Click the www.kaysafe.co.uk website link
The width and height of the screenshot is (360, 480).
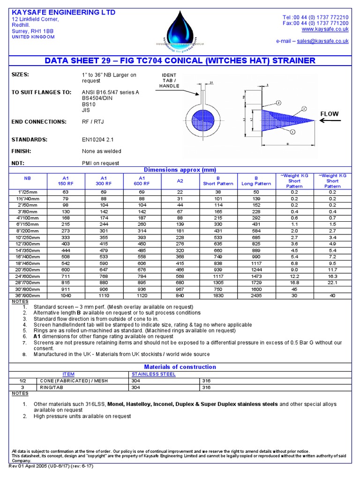tap(329, 29)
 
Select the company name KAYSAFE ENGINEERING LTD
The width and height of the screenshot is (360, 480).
tap(63, 12)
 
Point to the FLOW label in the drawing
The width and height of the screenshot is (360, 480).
tap(329, 114)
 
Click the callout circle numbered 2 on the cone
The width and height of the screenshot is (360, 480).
tap(304, 108)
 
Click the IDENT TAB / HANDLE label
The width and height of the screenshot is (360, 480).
tap(169, 81)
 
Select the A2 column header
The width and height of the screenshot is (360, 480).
tap(180, 181)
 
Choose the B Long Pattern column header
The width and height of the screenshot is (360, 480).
tap(256, 181)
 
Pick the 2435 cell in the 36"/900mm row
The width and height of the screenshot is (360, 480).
tap(256, 295)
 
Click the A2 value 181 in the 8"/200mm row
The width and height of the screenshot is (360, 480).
tap(180, 231)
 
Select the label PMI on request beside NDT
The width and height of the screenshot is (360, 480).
tap(100, 164)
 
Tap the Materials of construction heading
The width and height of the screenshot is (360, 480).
tap(180, 367)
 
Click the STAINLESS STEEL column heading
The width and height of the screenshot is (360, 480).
tap(154, 374)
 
